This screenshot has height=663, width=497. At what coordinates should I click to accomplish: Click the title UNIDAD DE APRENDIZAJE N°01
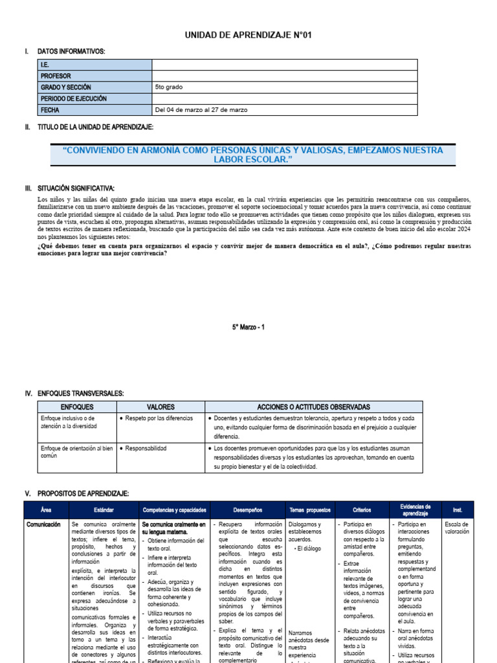(x=248, y=35)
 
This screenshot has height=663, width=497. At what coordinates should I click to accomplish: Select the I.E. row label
(x=45, y=64)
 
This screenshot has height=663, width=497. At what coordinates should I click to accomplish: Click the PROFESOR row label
(x=56, y=76)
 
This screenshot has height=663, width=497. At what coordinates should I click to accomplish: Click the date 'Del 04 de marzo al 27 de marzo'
(x=201, y=109)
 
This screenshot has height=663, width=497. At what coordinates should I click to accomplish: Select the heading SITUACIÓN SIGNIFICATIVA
(x=76, y=188)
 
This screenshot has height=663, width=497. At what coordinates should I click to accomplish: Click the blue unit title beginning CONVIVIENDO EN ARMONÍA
(x=253, y=154)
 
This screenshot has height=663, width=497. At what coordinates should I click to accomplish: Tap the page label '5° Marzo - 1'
(x=248, y=328)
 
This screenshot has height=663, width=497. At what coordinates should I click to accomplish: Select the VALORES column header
(x=160, y=407)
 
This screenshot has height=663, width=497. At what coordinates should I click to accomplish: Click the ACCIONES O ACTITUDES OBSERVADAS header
(x=313, y=407)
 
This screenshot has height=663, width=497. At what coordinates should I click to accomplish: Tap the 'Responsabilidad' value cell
(x=146, y=448)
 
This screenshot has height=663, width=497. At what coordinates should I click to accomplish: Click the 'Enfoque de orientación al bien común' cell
(x=76, y=452)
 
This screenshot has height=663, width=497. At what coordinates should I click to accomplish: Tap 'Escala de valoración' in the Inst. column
(x=458, y=528)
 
